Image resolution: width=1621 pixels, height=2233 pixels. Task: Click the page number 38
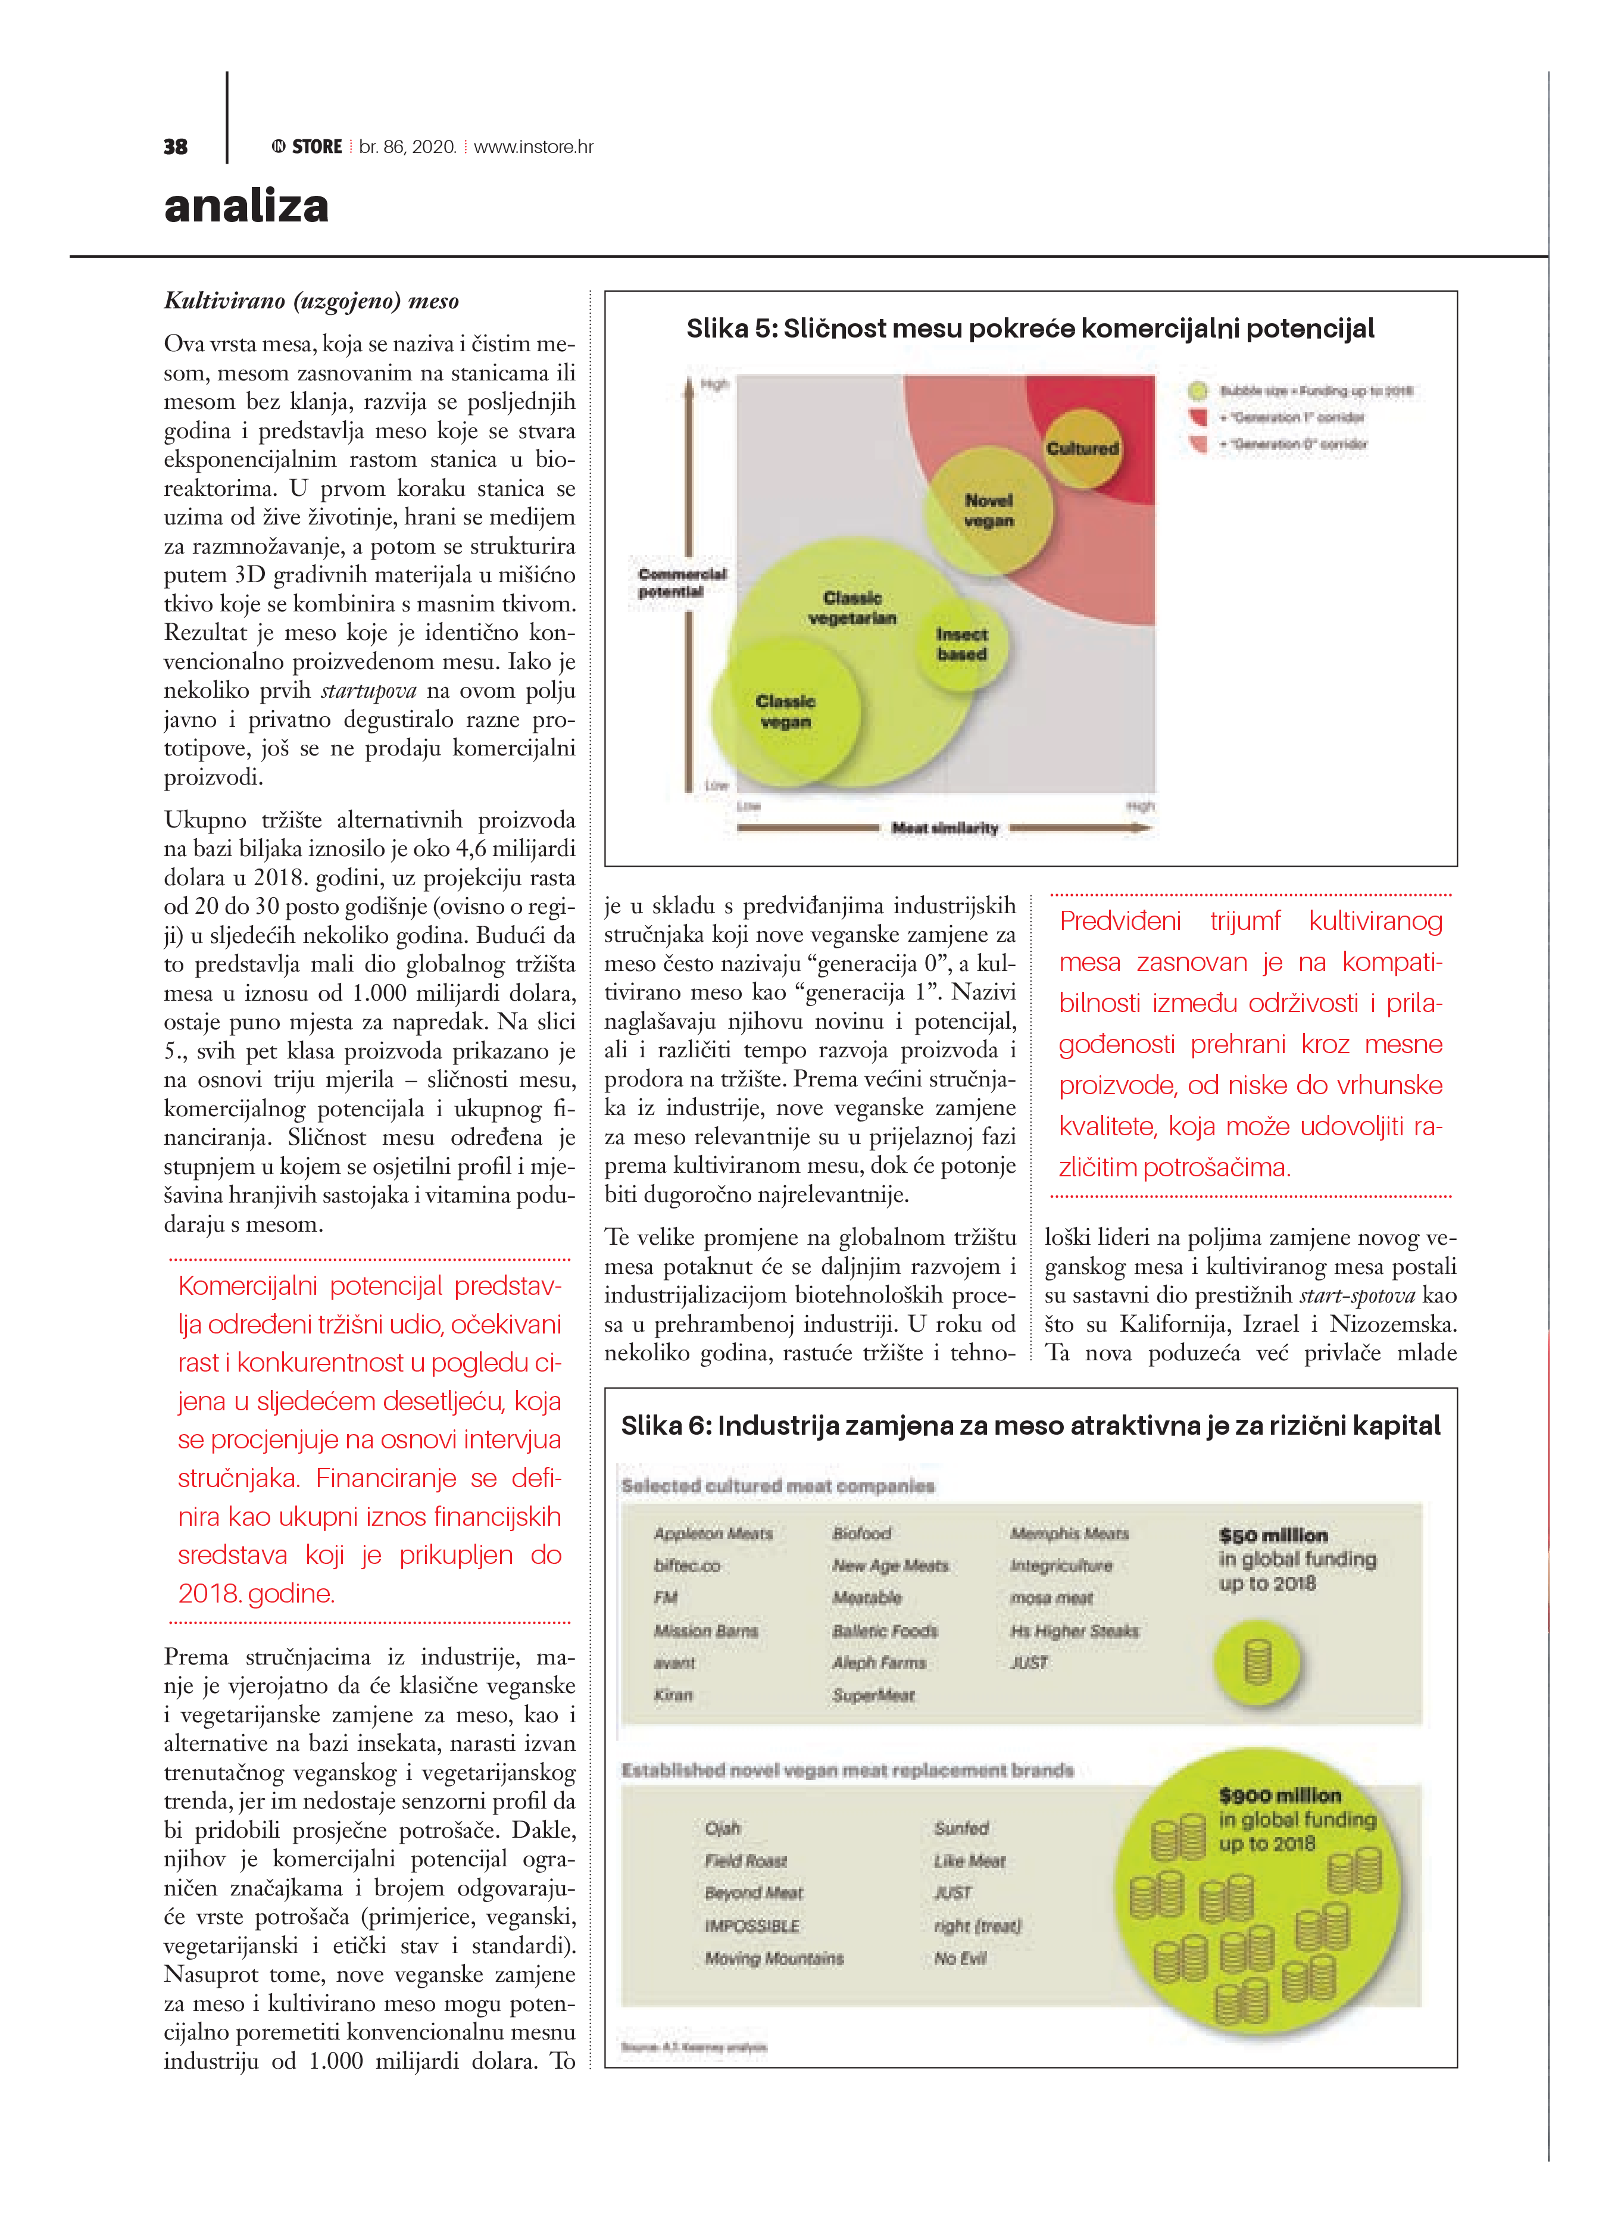pyautogui.click(x=175, y=146)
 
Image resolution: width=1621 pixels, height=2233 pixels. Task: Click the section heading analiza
pyautogui.click(x=246, y=206)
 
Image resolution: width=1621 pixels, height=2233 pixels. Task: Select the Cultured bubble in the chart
pyautogui.click(x=1082, y=449)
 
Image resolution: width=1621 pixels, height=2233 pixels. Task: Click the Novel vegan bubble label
pyautogui.click(x=989, y=511)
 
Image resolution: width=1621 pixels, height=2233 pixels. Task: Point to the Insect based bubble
pyautogui.click(x=961, y=645)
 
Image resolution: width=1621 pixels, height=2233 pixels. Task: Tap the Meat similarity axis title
pyautogui.click(x=944, y=828)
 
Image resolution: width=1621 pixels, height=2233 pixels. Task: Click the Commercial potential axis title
pyautogui.click(x=682, y=583)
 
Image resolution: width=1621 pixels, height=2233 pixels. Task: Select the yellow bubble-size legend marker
pyautogui.click(x=1198, y=392)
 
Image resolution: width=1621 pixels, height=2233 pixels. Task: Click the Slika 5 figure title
pyautogui.click(x=1029, y=329)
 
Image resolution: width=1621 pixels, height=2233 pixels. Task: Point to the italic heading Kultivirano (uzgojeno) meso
pyautogui.click(x=311, y=301)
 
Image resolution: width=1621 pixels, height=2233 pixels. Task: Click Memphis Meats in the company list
pyautogui.click(x=1070, y=1533)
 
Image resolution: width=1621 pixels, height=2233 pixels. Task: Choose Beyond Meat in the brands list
pyautogui.click(x=754, y=1892)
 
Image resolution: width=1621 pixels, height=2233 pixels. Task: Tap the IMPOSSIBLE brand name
pyautogui.click(x=751, y=1925)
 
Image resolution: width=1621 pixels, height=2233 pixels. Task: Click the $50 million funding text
pyautogui.click(x=1272, y=1535)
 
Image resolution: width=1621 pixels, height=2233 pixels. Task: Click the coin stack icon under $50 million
pyautogui.click(x=1258, y=1662)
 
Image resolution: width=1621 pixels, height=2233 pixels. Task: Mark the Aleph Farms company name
pyautogui.click(x=879, y=1662)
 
